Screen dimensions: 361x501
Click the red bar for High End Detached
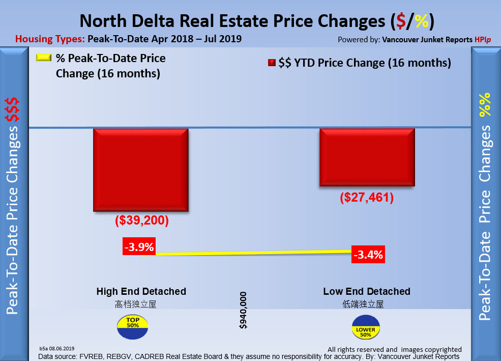pos(141,170)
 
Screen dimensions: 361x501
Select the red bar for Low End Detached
pos(367,157)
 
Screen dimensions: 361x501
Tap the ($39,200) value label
pos(142,221)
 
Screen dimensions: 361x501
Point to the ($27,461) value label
pos(367,197)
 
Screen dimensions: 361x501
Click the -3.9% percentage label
pos(139,247)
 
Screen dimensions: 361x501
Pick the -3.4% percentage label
pos(368,254)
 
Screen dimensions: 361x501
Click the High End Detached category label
pos(141,292)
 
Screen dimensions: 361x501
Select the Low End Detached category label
pos(367,292)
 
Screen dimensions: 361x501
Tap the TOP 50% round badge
pos(132,327)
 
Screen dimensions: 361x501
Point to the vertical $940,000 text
pos(243,310)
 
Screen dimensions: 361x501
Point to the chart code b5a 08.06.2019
pos(57,349)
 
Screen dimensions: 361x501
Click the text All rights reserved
pos(362,349)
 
